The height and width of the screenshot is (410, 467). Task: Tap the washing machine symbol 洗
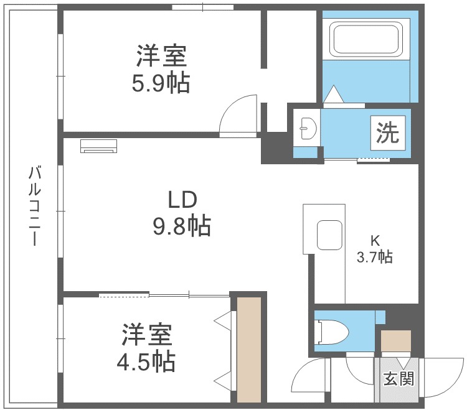pyautogui.click(x=387, y=132)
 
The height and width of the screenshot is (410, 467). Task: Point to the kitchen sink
pyautogui.click(x=329, y=235)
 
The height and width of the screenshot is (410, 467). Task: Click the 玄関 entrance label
pyautogui.click(x=399, y=378)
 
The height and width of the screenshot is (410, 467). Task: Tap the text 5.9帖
pyautogui.click(x=160, y=83)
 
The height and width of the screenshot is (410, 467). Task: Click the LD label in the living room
pyautogui.click(x=182, y=200)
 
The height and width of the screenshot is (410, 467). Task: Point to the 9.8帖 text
pyautogui.click(x=182, y=226)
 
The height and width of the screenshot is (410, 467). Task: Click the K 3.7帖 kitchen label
pyautogui.click(x=374, y=249)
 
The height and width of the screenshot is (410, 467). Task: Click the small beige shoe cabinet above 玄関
pyautogui.click(x=396, y=342)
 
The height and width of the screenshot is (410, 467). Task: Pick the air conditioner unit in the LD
pyautogui.click(x=98, y=146)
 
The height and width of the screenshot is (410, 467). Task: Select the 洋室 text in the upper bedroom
pyautogui.click(x=161, y=57)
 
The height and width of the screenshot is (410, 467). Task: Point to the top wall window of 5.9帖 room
pyautogui.click(x=202, y=7)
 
